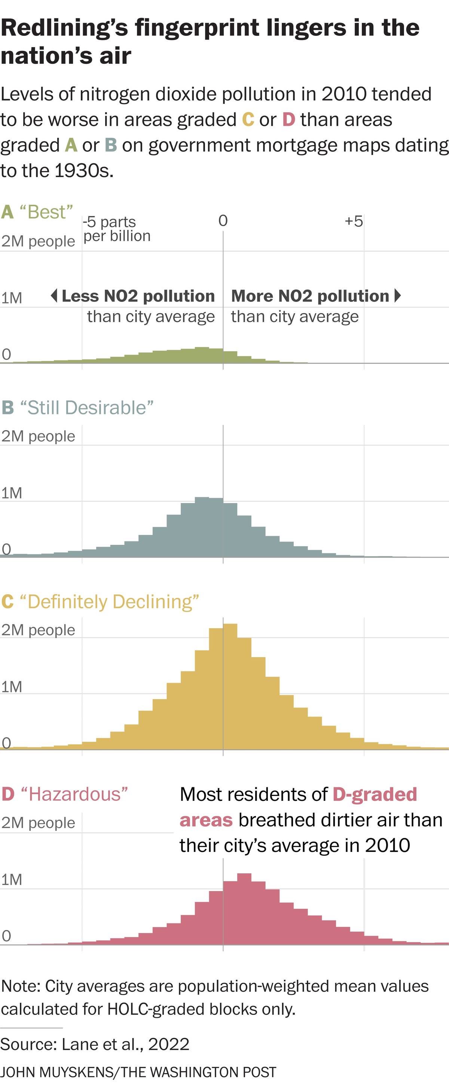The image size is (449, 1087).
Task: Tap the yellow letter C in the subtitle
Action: (x=248, y=120)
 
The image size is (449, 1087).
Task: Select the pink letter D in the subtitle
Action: (x=288, y=120)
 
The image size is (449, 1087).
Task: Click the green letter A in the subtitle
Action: (x=71, y=146)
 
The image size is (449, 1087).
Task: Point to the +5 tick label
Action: (x=354, y=221)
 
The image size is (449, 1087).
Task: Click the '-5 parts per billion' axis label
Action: (x=116, y=229)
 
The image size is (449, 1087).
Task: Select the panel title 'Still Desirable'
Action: (x=86, y=408)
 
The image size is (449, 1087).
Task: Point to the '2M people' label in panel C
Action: (x=38, y=630)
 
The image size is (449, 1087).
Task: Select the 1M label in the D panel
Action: (x=11, y=880)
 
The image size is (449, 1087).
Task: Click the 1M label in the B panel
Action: (x=11, y=493)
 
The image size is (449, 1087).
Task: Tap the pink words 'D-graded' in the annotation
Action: (x=375, y=794)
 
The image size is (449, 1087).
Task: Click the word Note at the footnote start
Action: (x=20, y=986)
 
